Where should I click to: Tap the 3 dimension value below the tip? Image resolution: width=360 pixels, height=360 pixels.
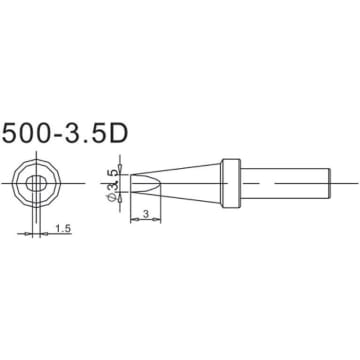(147, 213)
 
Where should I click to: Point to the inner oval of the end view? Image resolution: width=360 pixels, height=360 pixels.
(38, 183)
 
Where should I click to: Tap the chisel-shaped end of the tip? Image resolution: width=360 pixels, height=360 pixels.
(141, 183)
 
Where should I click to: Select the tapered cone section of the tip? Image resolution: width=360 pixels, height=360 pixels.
(190, 183)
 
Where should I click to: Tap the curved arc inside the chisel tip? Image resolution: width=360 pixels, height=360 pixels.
(151, 183)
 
